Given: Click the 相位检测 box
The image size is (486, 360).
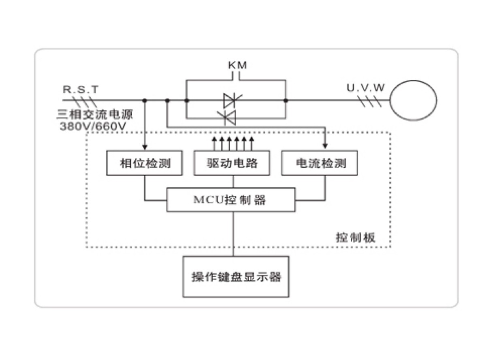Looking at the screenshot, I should (x=145, y=163).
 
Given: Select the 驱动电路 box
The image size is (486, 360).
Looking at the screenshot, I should (x=232, y=163).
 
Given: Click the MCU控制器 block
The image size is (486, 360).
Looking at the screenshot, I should (x=231, y=200).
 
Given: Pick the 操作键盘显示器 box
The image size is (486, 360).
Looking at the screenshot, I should (x=236, y=277).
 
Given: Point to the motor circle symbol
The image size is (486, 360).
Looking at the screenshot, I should (x=413, y=100).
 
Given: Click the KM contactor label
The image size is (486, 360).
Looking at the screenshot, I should (x=237, y=65).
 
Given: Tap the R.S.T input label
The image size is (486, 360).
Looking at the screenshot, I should (x=81, y=89).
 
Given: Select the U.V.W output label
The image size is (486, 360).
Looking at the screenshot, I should (x=365, y=88).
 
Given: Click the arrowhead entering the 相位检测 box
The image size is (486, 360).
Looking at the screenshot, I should (x=145, y=147).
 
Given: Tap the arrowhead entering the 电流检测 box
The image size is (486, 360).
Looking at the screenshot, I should (x=325, y=147).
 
